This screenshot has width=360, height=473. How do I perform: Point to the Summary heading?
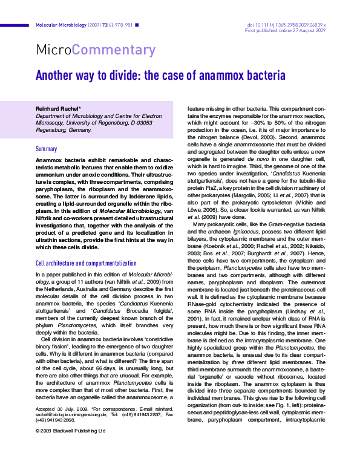point(46,148)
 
